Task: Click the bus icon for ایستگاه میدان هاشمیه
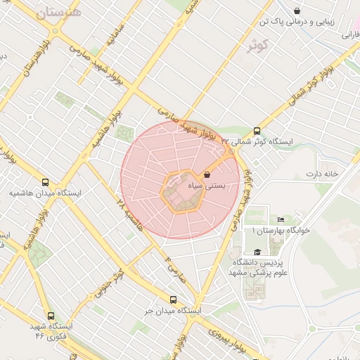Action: (x=46, y=181)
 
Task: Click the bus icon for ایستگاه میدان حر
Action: (x=173, y=300)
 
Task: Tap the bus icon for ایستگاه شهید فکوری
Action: (x=51, y=316)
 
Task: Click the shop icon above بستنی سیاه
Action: (x=207, y=174)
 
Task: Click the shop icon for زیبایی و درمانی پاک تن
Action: (x=297, y=11)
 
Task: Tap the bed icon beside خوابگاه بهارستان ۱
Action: (x=281, y=220)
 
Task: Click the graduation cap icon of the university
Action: (x=257, y=252)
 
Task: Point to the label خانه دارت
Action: (x=322, y=173)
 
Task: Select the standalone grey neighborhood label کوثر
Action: (x=258, y=46)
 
